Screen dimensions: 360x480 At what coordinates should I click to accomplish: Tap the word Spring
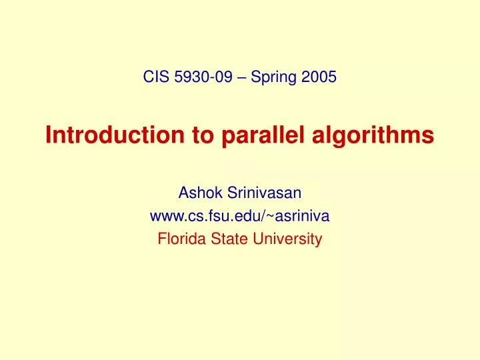coord(271,77)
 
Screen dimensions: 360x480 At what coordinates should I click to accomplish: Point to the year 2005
coord(318,77)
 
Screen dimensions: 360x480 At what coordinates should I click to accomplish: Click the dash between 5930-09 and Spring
coord(239,77)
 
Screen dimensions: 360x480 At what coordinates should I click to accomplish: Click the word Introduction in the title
coord(106,135)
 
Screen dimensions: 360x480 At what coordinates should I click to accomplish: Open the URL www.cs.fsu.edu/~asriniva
coord(239,216)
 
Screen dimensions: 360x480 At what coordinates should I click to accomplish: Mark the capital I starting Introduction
coord(49,135)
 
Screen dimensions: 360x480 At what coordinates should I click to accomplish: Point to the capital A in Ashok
coord(183,193)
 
